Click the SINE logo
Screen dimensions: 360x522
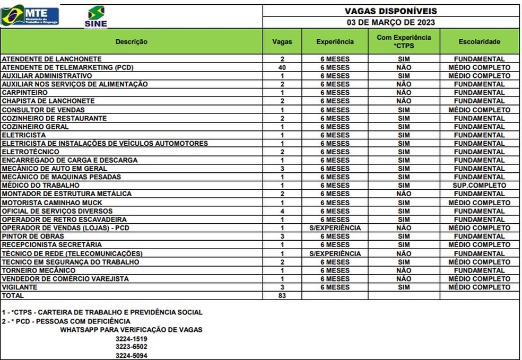click(95, 16)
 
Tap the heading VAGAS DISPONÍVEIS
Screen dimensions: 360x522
click(391, 11)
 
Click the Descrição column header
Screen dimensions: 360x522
click(132, 41)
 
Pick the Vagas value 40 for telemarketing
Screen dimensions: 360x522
click(282, 67)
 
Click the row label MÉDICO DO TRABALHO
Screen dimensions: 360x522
click(41, 186)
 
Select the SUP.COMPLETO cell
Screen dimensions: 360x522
click(479, 186)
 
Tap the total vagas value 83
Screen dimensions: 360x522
click(282, 296)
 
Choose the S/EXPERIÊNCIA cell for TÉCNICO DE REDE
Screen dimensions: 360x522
click(335, 253)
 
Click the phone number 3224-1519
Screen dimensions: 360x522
click(131, 338)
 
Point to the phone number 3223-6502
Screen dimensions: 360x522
click(131, 347)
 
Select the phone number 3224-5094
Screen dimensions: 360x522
click(131, 355)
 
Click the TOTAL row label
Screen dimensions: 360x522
click(13, 296)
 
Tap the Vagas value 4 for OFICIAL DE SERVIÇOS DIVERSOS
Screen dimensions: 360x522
click(282, 211)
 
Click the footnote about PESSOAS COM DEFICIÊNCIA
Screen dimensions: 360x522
click(66, 321)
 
